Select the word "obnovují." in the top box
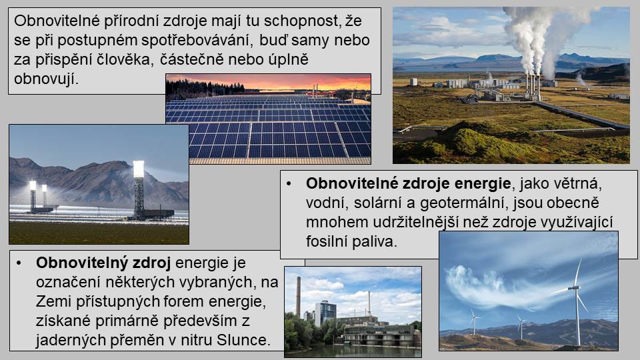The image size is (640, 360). [x=46, y=79]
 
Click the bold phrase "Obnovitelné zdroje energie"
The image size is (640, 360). [x=408, y=184]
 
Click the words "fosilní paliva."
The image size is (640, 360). [x=351, y=241]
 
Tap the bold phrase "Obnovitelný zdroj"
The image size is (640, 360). [x=103, y=263]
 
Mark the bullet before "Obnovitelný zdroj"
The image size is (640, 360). [x=19, y=263]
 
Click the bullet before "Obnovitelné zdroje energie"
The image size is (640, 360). [x=289, y=184]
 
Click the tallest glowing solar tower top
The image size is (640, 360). [x=139, y=169]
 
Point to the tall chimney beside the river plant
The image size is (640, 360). [x=299, y=297]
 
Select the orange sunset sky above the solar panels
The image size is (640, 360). [x=286, y=81]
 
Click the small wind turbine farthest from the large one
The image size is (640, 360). [x=473, y=321]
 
